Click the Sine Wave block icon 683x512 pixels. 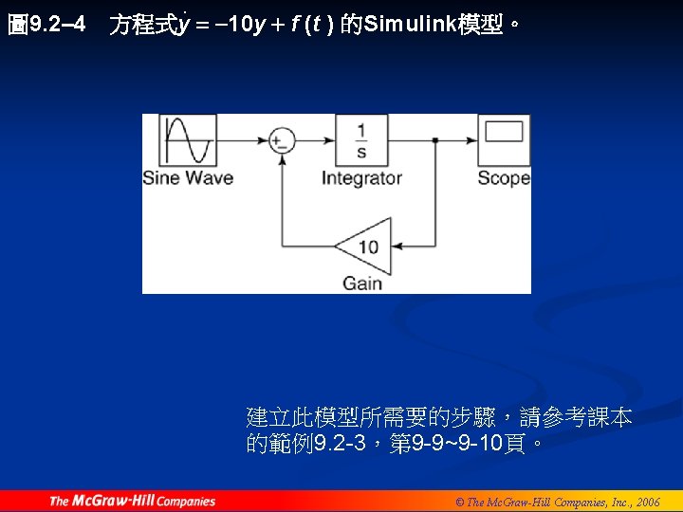(x=188, y=140)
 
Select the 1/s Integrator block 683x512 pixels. (x=361, y=140)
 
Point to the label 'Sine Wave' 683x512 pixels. (x=188, y=178)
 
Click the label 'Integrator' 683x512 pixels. (x=361, y=178)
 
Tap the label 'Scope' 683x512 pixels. (x=503, y=178)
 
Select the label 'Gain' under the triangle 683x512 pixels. (x=362, y=283)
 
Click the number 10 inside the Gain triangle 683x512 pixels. (x=368, y=247)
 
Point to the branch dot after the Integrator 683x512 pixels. (x=434, y=141)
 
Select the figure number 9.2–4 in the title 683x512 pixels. (x=58, y=25)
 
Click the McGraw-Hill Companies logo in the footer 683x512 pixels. (x=132, y=501)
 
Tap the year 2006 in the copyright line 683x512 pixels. (x=648, y=502)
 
